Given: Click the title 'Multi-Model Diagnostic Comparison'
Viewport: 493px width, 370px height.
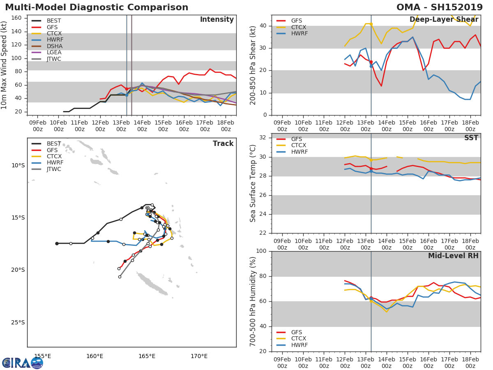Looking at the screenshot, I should [97, 7].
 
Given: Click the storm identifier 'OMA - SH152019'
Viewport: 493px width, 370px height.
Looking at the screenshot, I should [439, 7].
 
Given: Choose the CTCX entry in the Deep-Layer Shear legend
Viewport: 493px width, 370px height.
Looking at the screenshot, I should [299, 27].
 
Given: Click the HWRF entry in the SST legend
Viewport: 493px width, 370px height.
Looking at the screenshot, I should [299, 152].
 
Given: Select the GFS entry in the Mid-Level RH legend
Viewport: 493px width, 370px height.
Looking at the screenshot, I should [297, 332].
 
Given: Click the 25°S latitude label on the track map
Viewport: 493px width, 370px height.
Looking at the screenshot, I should [18, 322].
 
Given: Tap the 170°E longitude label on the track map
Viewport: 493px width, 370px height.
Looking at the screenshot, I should [199, 356].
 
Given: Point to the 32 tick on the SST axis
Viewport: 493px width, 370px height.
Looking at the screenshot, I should [263, 138].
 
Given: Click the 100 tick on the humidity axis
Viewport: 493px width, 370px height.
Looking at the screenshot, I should [261, 251].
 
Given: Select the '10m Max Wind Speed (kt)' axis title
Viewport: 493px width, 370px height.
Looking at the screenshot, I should [5, 65].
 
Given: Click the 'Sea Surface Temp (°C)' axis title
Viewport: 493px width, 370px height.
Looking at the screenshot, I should [253, 183].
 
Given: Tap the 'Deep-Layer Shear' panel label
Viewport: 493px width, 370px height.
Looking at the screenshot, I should [444, 20].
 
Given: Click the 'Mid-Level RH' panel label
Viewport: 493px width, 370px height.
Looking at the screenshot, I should [453, 256].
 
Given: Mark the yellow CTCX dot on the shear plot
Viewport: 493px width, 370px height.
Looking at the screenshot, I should [371, 24].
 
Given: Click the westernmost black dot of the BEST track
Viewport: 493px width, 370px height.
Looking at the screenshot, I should [57, 243].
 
